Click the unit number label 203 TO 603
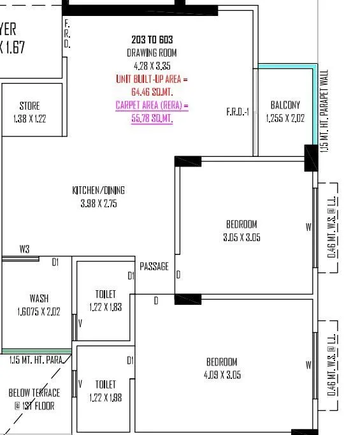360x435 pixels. coord(152,40)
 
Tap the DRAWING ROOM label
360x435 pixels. coord(152,53)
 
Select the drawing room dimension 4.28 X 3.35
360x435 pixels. coord(152,66)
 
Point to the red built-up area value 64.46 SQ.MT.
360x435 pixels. coord(152,92)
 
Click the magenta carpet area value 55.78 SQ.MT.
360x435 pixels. coord(152,119)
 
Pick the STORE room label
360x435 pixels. coord(29,106)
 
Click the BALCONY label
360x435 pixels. coord(285,105)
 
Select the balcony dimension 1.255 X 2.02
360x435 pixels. coord(285,118)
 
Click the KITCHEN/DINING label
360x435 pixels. coord(98,191)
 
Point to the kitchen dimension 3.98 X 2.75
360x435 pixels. coord(98,203)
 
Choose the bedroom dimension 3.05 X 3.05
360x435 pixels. coord(241,237)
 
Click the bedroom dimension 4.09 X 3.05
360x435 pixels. coord(222,375)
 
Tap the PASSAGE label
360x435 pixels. coord(154,267)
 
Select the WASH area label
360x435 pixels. coord(39,299)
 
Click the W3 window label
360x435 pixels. coord(24,249)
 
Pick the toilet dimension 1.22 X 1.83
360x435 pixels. coord(105,307)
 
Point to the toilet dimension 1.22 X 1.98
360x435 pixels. coord(105,397)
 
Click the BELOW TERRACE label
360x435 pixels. coord(34,393)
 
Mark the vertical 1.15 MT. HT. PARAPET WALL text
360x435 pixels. coord(324,110)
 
